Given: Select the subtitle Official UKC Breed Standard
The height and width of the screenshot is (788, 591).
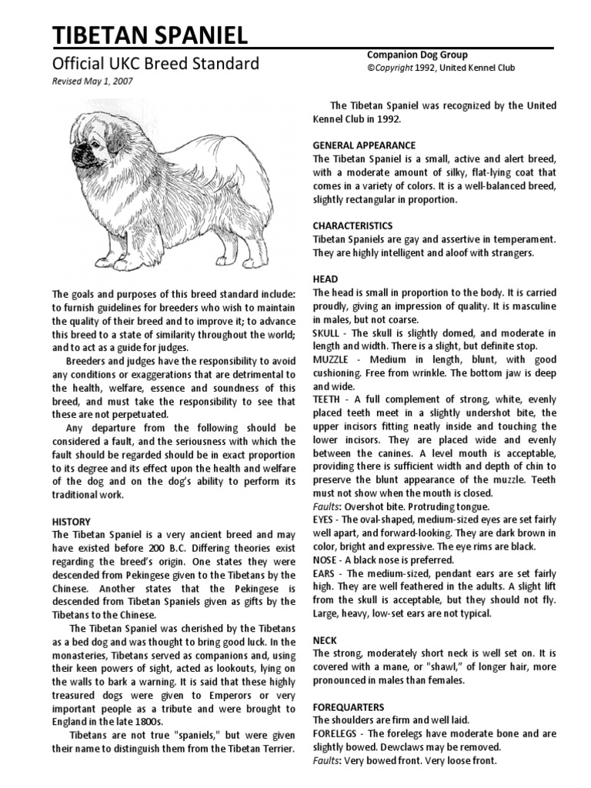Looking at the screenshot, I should tap(155, 63).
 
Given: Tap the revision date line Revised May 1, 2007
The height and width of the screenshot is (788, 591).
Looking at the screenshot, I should tap(91, 82).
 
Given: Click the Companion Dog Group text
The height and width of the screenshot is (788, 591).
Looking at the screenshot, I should tap(416, 55).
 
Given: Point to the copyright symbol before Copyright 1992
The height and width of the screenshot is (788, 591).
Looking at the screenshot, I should tap(369, 68).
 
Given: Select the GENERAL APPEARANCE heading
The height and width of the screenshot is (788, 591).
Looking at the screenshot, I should tap(364, 145).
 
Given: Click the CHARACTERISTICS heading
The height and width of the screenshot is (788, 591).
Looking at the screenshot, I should tap(352, 226).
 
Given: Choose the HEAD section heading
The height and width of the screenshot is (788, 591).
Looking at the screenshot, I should tap(325, 279).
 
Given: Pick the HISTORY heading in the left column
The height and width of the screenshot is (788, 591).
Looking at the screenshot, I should tap(71, 521).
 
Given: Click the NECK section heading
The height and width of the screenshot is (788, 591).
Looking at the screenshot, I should tap(325, 640).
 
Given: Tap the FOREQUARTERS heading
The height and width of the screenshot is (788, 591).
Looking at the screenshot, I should tap(349, 706).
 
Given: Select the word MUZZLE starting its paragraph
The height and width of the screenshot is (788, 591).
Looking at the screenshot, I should tap(332, 360).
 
